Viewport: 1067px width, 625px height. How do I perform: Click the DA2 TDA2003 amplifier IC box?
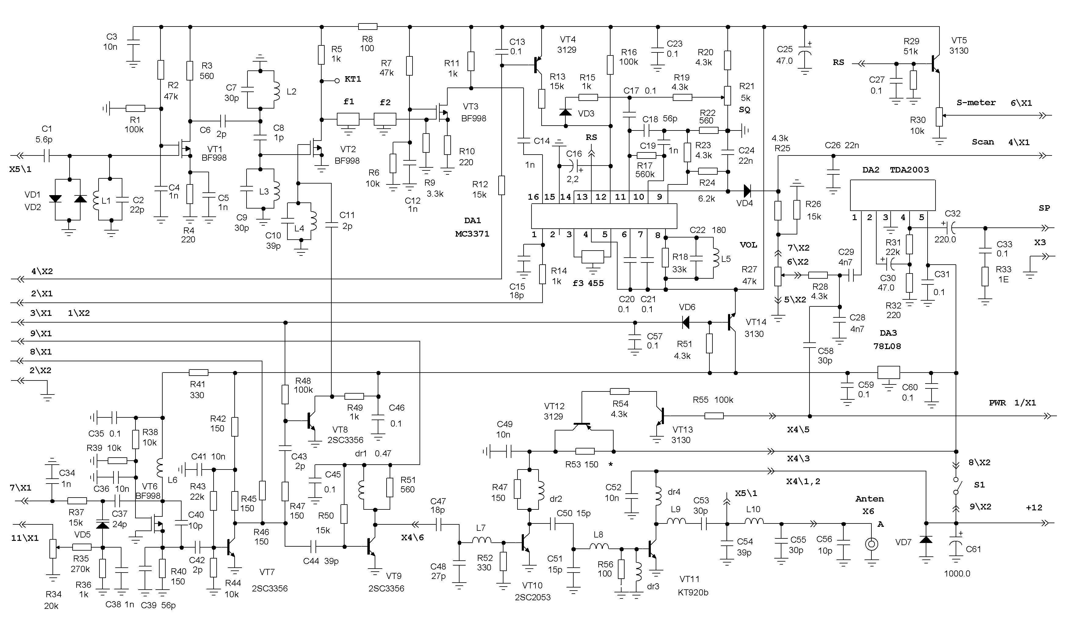click(x=892, y=195)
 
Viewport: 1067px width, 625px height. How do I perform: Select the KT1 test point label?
click(x=353, y=79)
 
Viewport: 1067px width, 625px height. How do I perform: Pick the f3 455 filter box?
click(x=593, y=257)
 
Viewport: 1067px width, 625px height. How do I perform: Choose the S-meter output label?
click(x=976, y=102)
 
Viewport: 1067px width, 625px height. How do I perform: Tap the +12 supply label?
click(x=1034, y=507)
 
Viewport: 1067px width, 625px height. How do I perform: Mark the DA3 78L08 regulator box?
click(x=888, y=372)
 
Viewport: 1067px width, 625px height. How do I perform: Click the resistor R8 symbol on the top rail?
click(x=368, y=27)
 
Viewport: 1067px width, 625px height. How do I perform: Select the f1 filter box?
click(x=348, y=119)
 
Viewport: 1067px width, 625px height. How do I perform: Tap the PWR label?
click(x=997, y=402)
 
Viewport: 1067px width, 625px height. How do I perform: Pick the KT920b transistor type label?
click(x=693, y=592)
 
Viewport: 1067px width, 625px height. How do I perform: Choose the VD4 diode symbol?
click(x=747, y=191)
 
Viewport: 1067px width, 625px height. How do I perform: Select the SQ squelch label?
click(x=744, y=109)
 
